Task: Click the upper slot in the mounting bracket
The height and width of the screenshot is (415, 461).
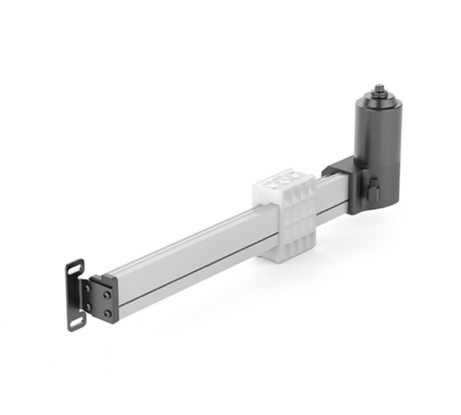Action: pyautogui.click(x=75, y=271)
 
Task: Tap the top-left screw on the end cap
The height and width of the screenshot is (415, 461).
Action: pyautogui.click(x=88, y=287)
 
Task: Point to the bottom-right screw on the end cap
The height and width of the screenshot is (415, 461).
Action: pyautogui.click(x=107, y=313)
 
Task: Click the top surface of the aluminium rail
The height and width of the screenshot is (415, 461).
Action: pyautogui.click(x=184, y=242)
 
